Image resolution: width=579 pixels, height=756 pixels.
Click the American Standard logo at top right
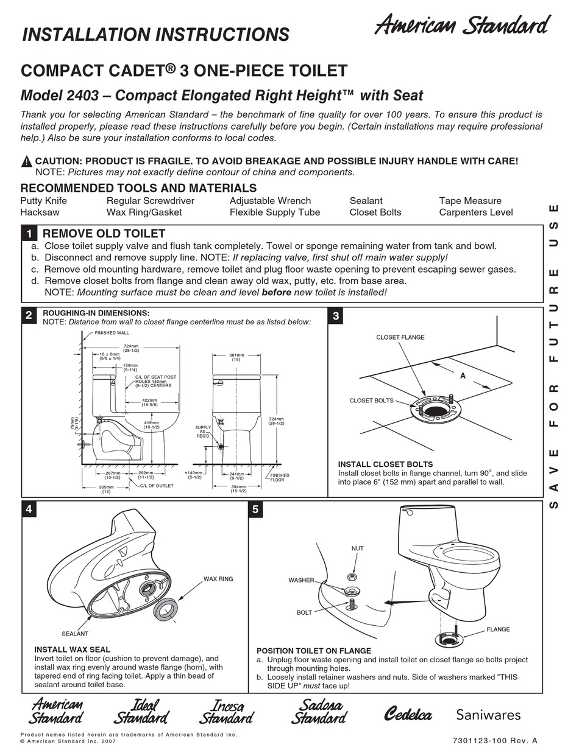coord(461,26)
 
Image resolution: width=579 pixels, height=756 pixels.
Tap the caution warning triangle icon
coord(26,161)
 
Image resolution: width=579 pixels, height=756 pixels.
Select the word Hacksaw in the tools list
coord(40,212)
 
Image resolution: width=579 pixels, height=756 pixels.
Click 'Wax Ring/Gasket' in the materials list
coord(144,212)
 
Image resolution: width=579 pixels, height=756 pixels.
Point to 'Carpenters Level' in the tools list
coord(475,212)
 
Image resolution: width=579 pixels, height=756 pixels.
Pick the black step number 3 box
coord(336,315)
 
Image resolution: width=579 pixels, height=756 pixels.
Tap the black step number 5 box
coord(256,509)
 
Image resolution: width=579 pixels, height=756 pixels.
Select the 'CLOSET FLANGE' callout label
coord(400,337)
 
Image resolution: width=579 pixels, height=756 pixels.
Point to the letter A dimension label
coord(463,376)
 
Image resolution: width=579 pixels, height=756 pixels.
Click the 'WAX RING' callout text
coord(218,579)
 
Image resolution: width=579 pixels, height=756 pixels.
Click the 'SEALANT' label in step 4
coord(75,634)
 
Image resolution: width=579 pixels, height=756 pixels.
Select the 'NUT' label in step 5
coord(357,548)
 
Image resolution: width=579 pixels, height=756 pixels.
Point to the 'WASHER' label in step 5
coord(301,580)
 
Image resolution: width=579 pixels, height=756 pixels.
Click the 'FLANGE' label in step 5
coord(498,629)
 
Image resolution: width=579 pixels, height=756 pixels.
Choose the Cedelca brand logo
coord(408,715)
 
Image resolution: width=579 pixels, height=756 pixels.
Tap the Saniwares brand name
coord(488,715)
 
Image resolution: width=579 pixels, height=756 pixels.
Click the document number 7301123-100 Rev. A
coord(495,741)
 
